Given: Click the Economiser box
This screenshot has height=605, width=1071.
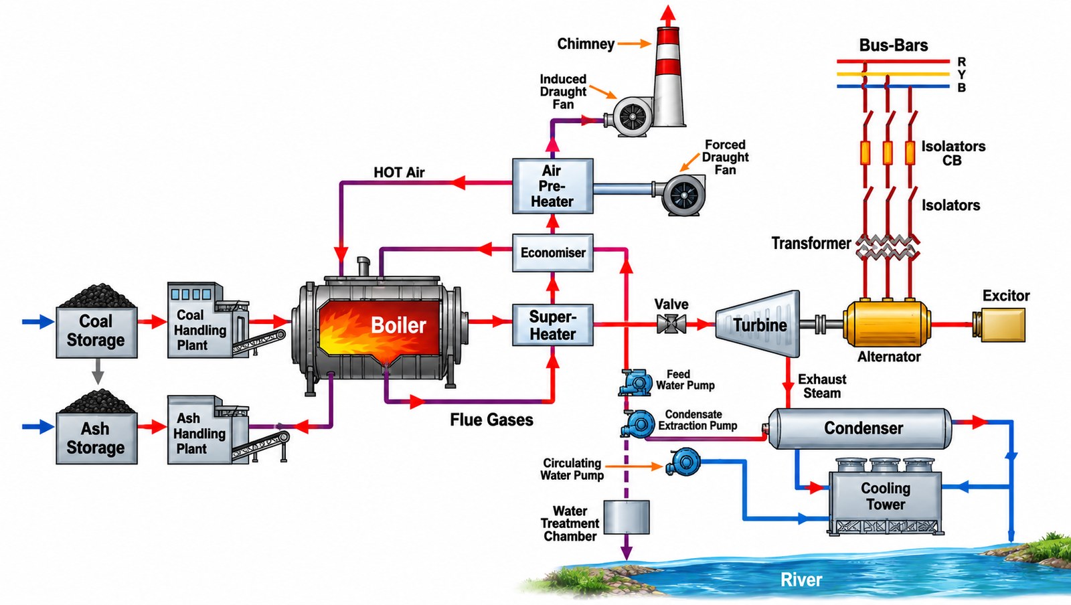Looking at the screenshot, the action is point(553,253).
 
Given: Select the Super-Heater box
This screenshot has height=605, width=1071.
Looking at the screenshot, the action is point(553,325).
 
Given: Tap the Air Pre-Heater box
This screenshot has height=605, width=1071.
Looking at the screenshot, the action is point(553,186).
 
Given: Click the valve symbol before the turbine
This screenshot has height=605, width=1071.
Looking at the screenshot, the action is point(671,325).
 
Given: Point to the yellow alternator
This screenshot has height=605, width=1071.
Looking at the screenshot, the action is point(887,323).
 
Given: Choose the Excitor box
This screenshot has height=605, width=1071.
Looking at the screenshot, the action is point(999,325).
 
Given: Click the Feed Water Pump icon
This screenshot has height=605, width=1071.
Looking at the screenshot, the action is point(635,382).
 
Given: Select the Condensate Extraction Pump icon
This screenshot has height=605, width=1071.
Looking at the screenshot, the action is point(638,424).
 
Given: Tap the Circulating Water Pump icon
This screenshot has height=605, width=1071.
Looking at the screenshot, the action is point(683,462).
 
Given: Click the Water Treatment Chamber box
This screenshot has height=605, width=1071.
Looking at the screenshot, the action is point(627,517).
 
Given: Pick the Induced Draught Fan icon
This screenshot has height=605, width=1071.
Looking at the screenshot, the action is point(630,116).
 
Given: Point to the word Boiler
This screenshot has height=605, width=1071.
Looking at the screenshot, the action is point(398,325).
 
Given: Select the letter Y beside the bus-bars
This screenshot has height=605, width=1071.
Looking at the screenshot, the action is point(961,74).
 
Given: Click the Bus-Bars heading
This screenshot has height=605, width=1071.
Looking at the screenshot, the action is point(893,45).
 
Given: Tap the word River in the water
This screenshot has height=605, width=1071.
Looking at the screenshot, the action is point(801,580).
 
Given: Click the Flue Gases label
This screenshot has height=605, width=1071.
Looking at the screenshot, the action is point(491,420).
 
